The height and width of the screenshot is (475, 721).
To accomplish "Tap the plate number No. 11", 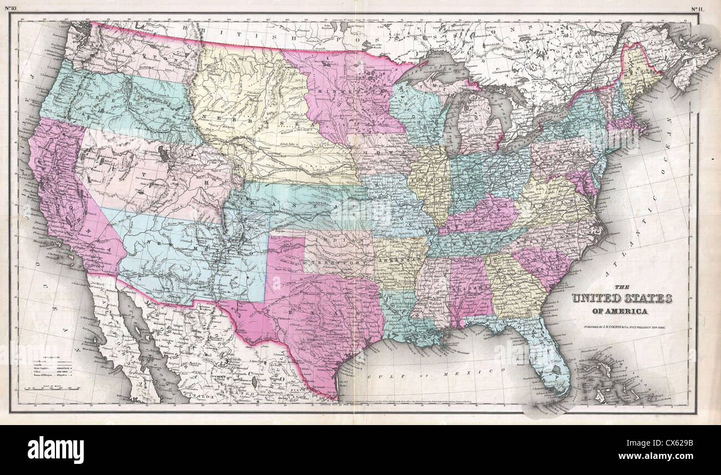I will [x=698, y=8].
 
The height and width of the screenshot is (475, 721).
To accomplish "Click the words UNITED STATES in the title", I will [x=622, y=299].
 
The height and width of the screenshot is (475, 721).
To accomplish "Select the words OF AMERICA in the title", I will [x=622, y=311].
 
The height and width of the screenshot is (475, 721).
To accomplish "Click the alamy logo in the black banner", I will [x=55, y=449].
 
